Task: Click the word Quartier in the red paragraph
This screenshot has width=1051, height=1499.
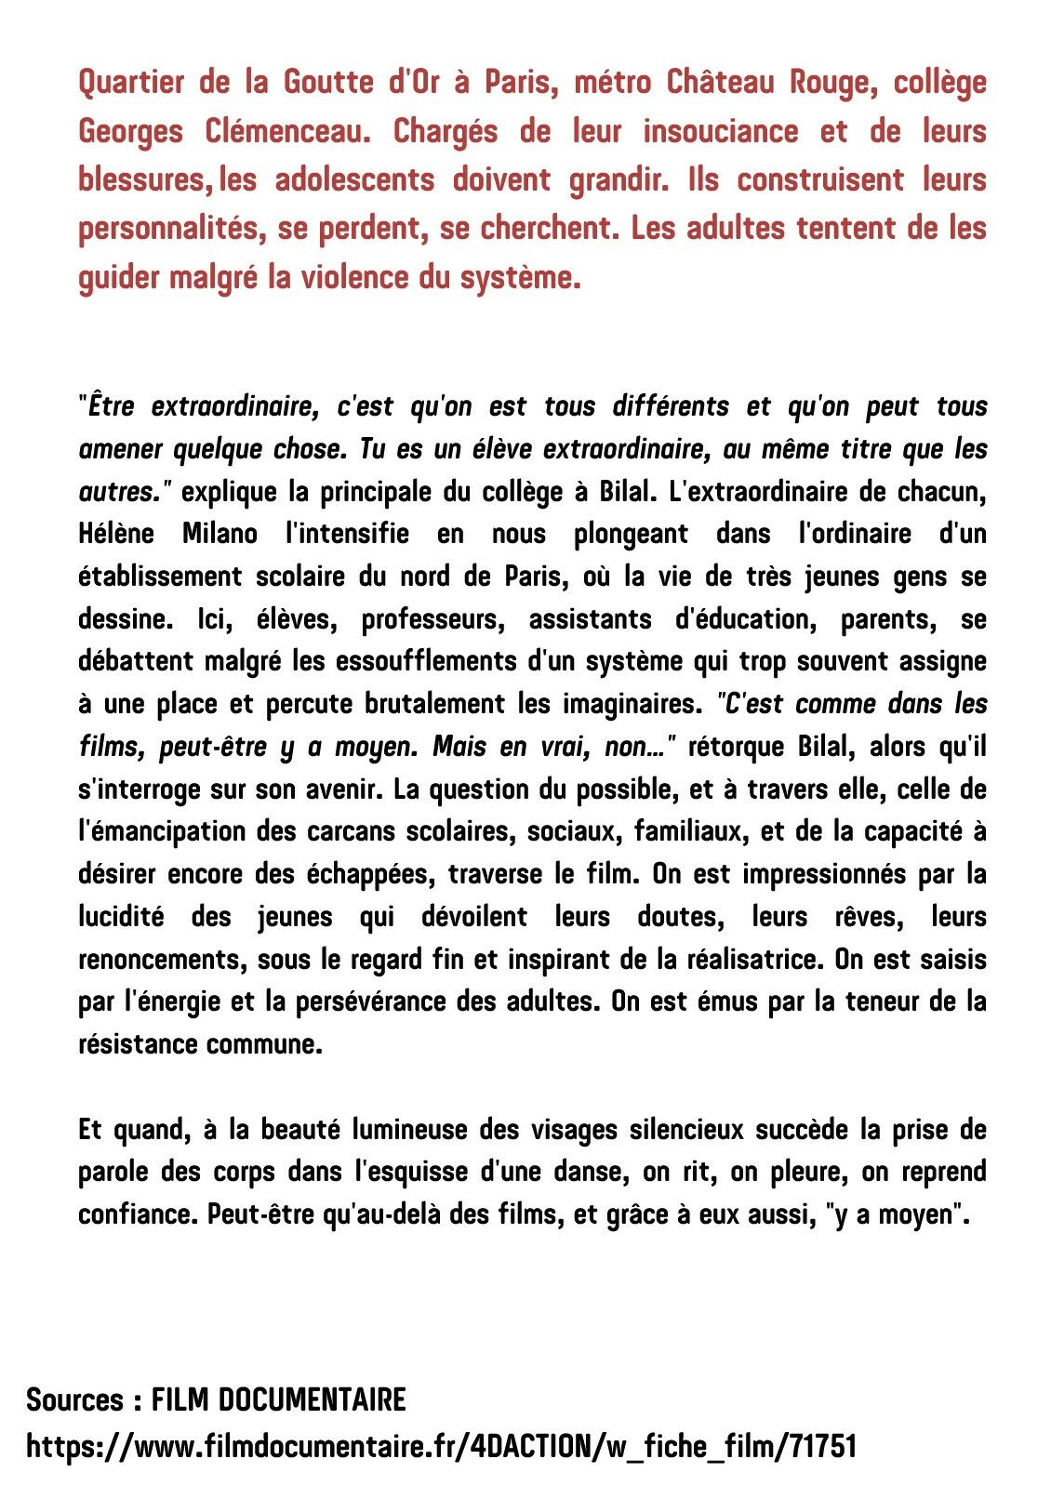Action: pyautogui.click(x=131, y=83)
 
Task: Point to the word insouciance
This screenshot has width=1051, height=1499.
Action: pyautogui.click(x=720, y=131)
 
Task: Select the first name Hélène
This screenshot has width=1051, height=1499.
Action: pyautogui.click(x=116, y=534)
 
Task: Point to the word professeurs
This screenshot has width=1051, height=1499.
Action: pyautogui.click(x=433, y=618)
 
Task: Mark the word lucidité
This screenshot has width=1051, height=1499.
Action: pyautogui.click(x=121, y=917)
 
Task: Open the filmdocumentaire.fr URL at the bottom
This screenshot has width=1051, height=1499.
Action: pyautogui.click(x=441, y=1447)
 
